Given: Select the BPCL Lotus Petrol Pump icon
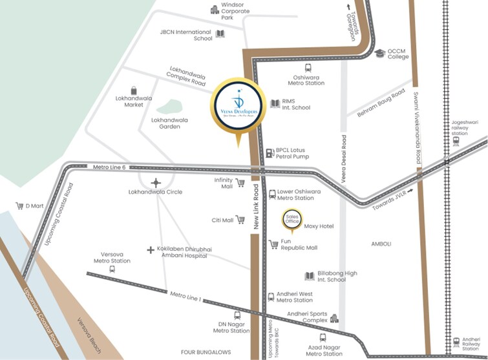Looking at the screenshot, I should pos(269,153).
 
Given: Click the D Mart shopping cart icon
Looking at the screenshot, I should pos(19,206).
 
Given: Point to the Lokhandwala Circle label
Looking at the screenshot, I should pos(155,192).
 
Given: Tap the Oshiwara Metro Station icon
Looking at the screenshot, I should pos(308,67).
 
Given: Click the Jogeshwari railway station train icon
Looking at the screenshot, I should pos(456,140).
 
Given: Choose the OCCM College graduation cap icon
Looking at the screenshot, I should pos(379,53).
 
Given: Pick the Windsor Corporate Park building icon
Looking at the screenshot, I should pos(215,9).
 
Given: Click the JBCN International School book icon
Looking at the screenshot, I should pos(220,34).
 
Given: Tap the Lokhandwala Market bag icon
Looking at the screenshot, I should pos(134,90).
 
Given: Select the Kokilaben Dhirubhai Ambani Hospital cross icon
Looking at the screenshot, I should pos(151,249).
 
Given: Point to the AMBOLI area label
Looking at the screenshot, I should pos(382,244).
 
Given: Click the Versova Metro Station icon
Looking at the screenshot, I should pos(112,269).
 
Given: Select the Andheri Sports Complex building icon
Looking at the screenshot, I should pos(334,318).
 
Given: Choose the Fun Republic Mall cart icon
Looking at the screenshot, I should pos(273,244).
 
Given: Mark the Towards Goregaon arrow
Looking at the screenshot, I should pos(349,7).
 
